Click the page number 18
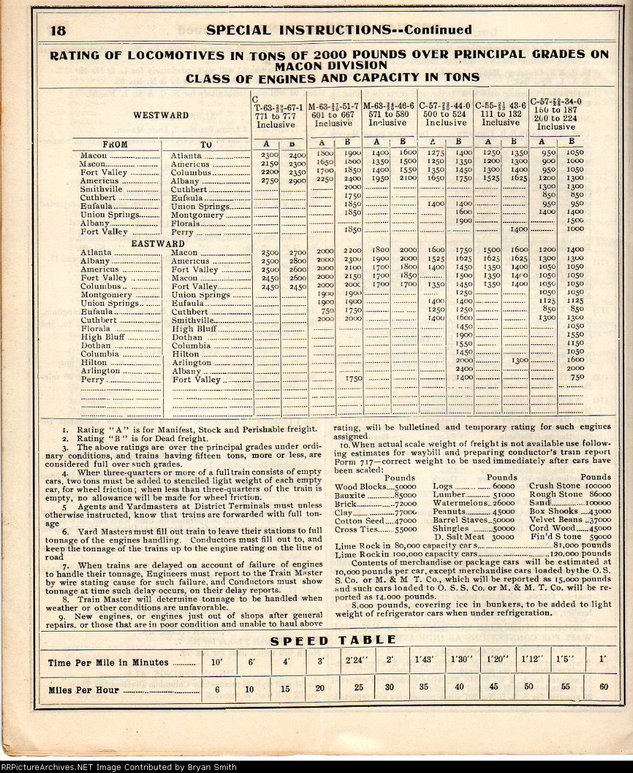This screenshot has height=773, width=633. (x=62, y=31)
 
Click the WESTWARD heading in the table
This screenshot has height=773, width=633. (x=161, y=115)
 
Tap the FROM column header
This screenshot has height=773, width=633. (x=115, y=145)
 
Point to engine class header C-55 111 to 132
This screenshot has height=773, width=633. (x=500, y=114)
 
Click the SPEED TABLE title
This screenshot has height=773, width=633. (x=334, y=640)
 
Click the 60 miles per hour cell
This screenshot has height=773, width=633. (x=603, y=687)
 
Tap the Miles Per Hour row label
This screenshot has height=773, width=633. (x=84, y=690)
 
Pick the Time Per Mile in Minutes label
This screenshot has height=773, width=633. (x=108, y=662)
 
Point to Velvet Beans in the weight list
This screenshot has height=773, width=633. (x=556, y=520)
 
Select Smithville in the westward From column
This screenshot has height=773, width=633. (x=100, y=189)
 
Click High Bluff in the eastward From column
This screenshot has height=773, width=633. (x=102, y=337)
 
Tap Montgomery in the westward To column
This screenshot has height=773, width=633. (x=197, y=215)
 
